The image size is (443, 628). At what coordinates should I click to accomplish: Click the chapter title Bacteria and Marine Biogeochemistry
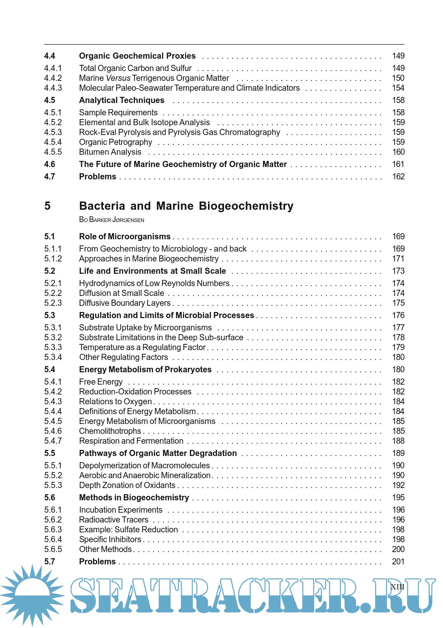[x=186, y=206]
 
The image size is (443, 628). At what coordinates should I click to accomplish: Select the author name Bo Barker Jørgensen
[x=112, y=220]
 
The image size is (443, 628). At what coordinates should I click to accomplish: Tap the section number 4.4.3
[x=53, y=88]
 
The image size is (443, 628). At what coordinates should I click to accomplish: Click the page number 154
[x=398, y=88]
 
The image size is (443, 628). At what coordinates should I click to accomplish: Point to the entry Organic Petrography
[x=116, y=142]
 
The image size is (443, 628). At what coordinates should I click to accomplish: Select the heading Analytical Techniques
[x=122, y=100]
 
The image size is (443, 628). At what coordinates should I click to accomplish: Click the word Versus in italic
[x=118, y=78]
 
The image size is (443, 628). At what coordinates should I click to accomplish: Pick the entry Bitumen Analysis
[x=110, y=152]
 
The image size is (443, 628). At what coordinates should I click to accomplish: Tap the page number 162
[x=398, y=176]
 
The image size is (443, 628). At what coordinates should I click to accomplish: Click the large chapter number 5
[x=48, y=206]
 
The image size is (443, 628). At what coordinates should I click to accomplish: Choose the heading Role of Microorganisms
[x=125, y=236]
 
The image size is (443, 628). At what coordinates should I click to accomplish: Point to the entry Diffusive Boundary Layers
[x=125, y=303]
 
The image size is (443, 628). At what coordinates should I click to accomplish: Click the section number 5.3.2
[x=53, y=337]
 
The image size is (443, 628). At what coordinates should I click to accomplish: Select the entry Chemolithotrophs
[x=110, y=431]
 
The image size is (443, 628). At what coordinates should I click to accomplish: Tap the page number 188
[x=398, y=441]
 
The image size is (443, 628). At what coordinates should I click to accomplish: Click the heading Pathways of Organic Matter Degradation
[x=158, y=453]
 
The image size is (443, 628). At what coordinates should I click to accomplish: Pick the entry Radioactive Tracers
[x=114, y=520]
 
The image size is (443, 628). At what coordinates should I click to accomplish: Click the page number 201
[x=398, y=562]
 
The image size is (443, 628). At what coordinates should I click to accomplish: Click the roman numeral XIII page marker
[x=397, y=587]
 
